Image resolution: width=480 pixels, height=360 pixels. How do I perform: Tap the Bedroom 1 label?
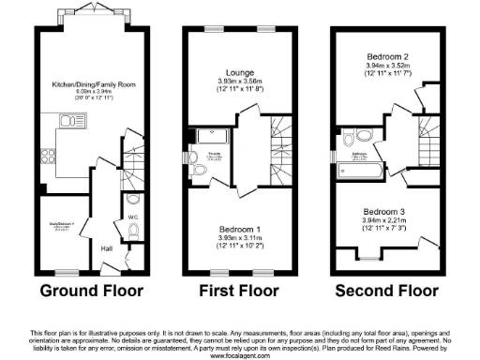(x=235, y=229)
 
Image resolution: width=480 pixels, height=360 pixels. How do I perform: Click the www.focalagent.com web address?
(x=239, y=355)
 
